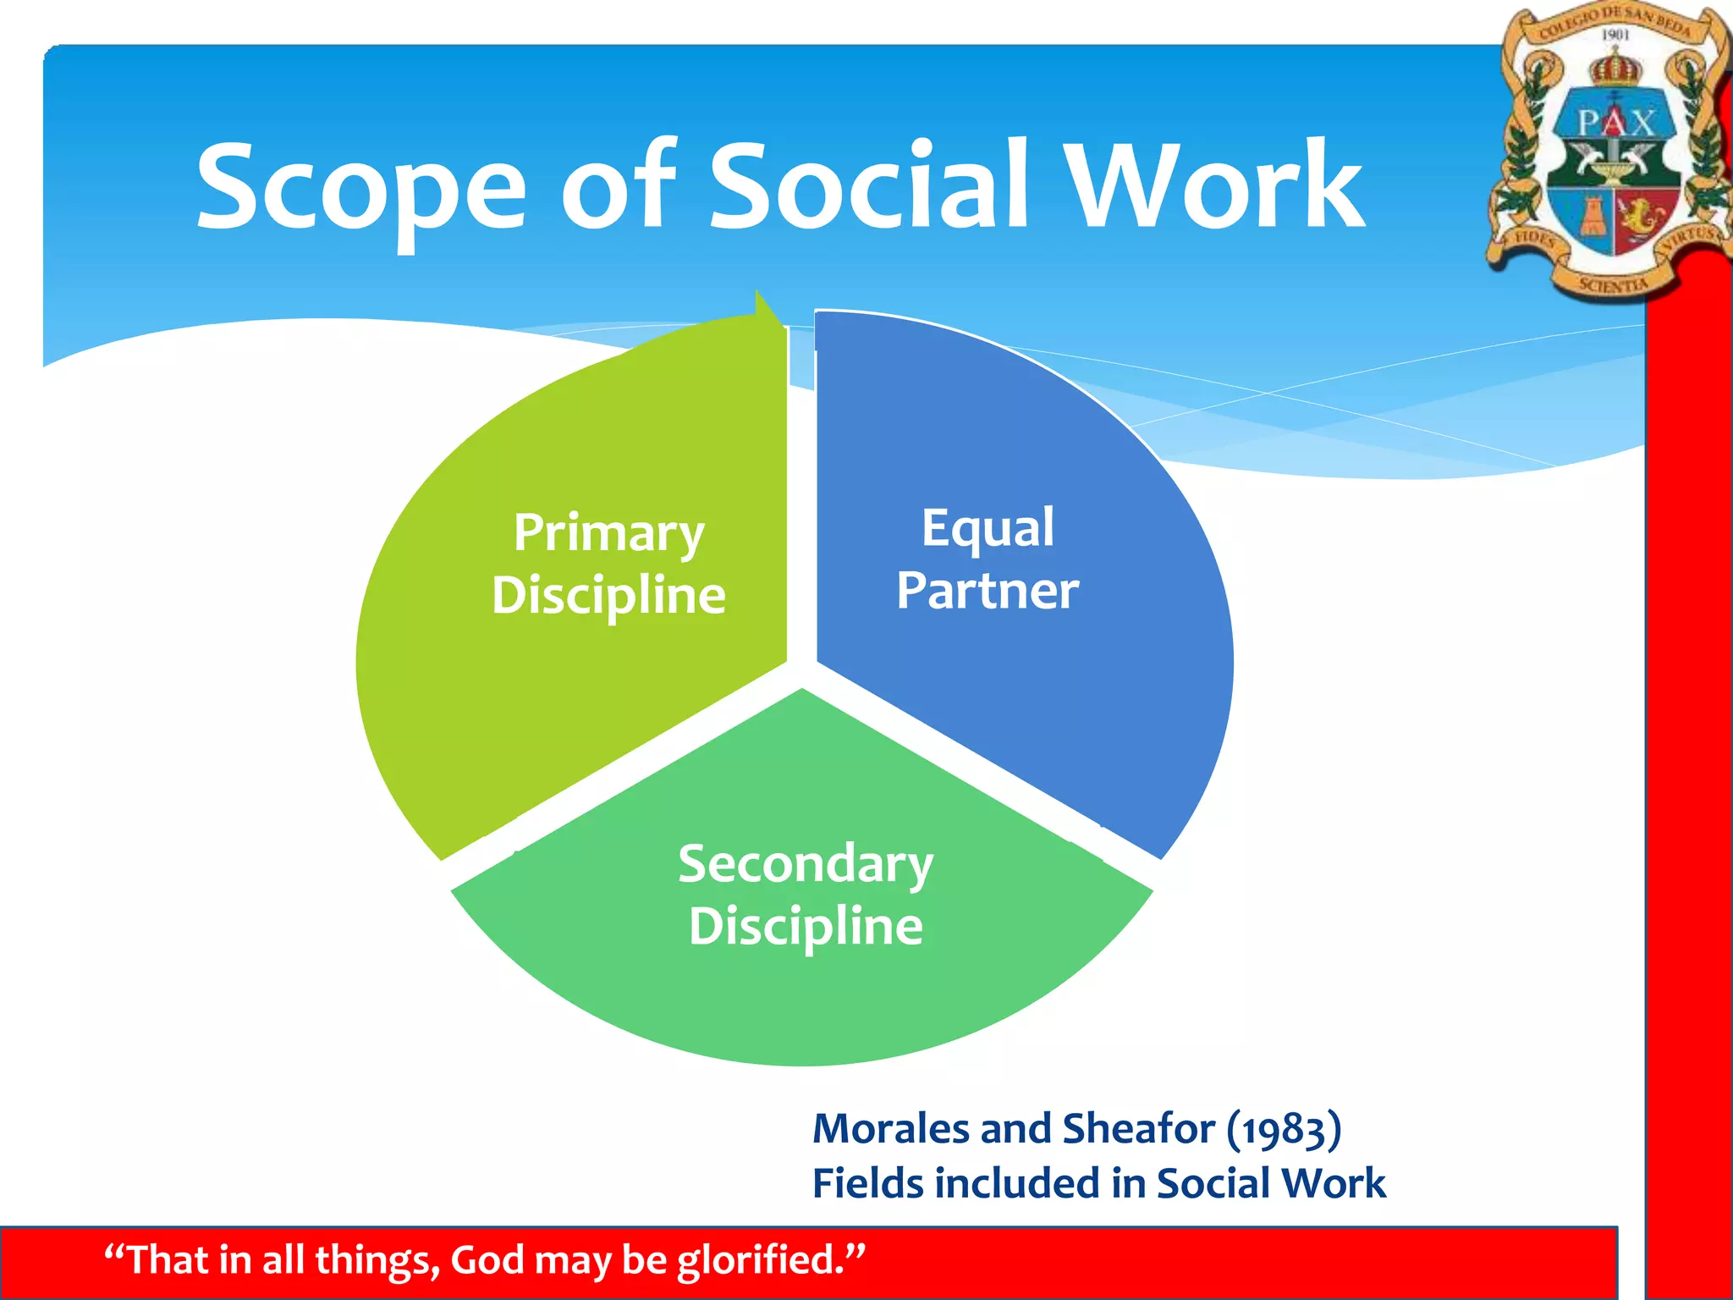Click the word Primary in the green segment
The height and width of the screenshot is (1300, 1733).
608,533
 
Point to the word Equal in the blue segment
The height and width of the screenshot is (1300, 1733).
988,528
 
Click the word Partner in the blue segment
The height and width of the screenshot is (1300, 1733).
988,590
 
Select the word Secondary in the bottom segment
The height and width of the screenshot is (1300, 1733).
805,865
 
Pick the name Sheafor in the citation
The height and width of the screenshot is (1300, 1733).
1138,1129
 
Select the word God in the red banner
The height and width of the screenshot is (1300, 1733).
487,1259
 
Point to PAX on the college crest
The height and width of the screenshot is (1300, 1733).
1615,124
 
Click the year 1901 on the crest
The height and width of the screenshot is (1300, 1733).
1615,35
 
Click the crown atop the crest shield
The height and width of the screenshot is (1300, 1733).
1615,68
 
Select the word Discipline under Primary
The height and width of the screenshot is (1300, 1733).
608,595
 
